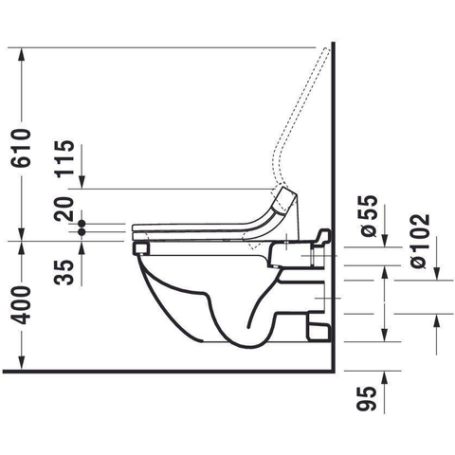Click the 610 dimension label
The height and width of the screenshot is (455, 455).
pyautogui.click(x=21, y=148)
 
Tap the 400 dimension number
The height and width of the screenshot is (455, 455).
pyautogui.click(x=21, y=305)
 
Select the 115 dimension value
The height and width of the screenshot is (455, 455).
pyautogui.click(x=64, y=157)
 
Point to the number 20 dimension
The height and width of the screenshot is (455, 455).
pyautogui.click(x=64, y=209)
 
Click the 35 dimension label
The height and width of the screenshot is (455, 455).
pyautogui.click(x=64, y=273)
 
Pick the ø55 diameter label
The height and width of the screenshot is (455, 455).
pyautogui.click(x=368, y=216)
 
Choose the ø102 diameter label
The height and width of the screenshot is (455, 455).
pyautogui.click(x=420, y=241)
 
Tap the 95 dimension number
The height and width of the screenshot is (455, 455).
pyautogui.click(x=368, y=399)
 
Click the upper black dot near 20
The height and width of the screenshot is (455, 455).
pyautogui.click(x=82, y=224)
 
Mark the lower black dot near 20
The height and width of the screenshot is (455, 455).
pyautogui.click(x=82, y=232)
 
